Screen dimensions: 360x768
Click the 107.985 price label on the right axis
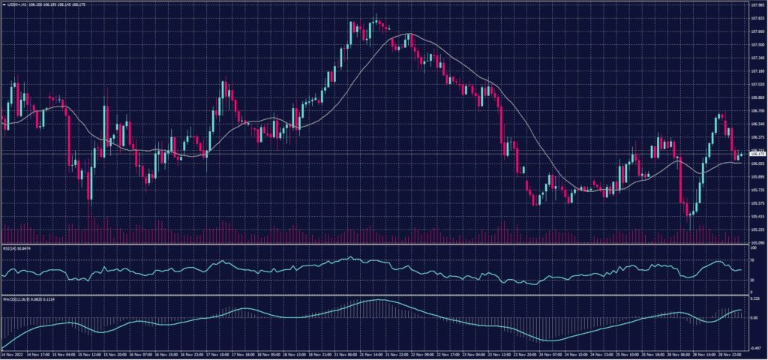[x=757, y=5]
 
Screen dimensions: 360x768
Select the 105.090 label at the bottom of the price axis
[x=757, y=243]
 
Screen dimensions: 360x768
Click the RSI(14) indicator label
[x=20, y=248]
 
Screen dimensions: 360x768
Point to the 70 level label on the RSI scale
[x=752, y=259]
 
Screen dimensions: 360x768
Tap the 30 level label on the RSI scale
[x=752, y=280]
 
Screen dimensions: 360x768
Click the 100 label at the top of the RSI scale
[x=753, y=247]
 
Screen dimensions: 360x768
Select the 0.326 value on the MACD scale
[x=755, y=298]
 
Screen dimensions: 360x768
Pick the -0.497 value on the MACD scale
[x=756, y=348]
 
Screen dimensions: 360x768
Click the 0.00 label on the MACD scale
[x=754, y=317]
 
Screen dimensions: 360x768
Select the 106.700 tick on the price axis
[x=757, y=110]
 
